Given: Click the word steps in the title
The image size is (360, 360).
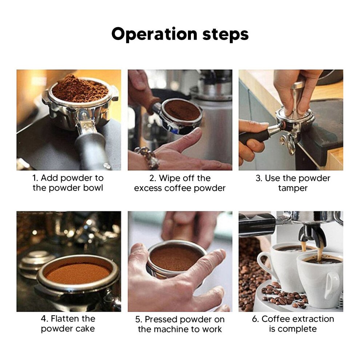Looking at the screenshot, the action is [x=225, y=35].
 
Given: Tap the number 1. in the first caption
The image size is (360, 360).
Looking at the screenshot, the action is [x=35, y=178].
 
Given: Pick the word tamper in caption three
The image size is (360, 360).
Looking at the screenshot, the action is [x=293, y=188].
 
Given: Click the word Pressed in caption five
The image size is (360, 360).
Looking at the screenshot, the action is [x=161, y=319].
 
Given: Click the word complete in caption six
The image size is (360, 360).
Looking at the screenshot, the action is [x=297, y=329].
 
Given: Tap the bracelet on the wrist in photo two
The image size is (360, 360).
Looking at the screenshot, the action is [x=147, y=156].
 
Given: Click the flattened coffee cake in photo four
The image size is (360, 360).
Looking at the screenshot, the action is [x=77, y=274].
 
